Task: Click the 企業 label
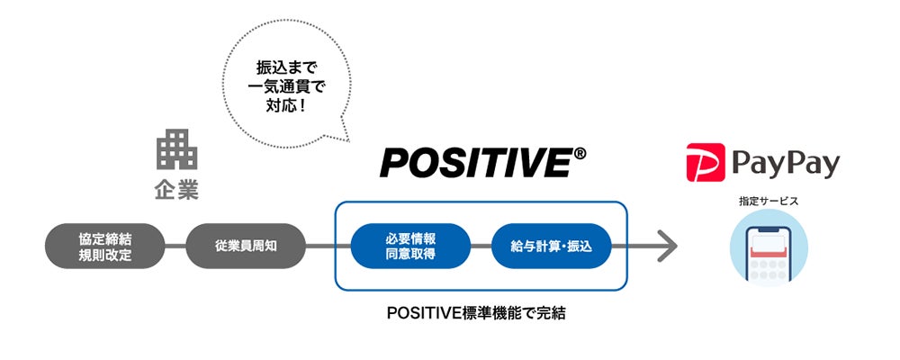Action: click(x=176, y=190)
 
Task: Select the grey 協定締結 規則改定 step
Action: click(x=105, y=246)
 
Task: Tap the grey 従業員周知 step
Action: click(x=246, y=246)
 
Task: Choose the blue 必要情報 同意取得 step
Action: click(x=410, y=246)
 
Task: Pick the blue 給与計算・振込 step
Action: click(x=552, y=246)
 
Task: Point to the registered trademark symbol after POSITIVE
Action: click(x=579, y=154)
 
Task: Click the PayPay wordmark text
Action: click(x=786, y=164)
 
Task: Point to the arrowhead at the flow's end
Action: click(x=667, y=246)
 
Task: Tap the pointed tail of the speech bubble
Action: click(x=344, y=138)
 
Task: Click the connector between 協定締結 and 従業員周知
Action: click(x=175, y=246)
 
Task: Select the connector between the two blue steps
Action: click(x=481, y=246)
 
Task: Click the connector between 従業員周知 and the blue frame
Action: click(x=320, y=246)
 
